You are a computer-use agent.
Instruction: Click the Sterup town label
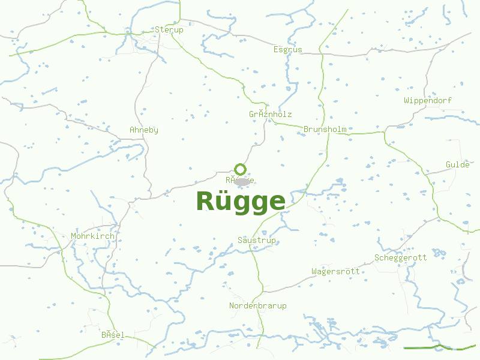coord(169,29)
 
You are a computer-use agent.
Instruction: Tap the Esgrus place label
coord(288,50)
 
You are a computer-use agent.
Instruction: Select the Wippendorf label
coord(428,100)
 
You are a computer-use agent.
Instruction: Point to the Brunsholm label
coord(325,129)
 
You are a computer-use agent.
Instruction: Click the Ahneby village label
coord(144,130)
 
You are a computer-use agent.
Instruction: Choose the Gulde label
coord(458,164)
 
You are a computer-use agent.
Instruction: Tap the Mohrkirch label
coord(92,236)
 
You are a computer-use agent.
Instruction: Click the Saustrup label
coord(257,240)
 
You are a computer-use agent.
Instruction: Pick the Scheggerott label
coord(400,257)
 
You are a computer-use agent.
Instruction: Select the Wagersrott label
coord(335,271)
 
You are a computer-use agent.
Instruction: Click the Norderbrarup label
coord(258,305)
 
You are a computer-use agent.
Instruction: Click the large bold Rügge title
coord(241,202)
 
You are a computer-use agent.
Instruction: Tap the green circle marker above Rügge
coord(241,169)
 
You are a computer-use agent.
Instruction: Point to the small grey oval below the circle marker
coord(242,181)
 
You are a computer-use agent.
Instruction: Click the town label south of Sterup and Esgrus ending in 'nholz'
coord(271,114)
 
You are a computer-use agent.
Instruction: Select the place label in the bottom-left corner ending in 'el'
coord(113,334)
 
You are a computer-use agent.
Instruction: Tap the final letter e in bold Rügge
coord(277,203)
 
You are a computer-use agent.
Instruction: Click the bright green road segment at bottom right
coord(432,347)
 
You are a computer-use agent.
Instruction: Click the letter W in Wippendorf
coord(407,100)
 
